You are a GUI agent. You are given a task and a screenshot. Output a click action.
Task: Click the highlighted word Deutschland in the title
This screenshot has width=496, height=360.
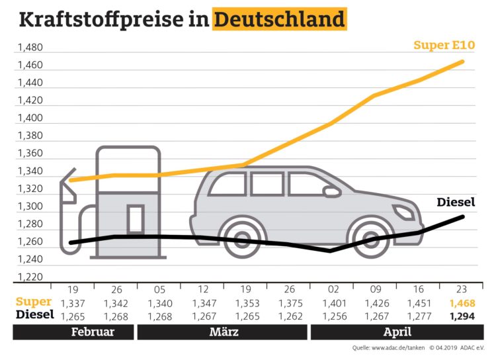coord(279,19)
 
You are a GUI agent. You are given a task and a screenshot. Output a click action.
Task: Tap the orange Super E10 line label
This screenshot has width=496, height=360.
coord(444,45)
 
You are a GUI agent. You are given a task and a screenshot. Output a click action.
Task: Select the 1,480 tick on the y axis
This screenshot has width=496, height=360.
coord(30,48)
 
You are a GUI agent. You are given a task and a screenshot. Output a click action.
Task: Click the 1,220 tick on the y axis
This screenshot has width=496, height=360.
coord(30,277)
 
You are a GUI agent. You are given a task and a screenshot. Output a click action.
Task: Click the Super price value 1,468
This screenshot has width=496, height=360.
coord(462,303)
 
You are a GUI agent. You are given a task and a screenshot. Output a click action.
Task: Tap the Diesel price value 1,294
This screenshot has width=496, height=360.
coord(462,316)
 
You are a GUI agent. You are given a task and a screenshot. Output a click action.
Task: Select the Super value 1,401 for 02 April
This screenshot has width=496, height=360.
coord(332,303)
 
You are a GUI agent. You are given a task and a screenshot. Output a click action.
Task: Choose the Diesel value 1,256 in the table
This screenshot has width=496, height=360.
coord(332,316)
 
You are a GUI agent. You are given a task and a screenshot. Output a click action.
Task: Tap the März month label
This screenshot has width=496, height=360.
coord(224,332)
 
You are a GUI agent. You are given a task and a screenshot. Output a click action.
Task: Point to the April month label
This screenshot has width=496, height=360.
coord(397,332)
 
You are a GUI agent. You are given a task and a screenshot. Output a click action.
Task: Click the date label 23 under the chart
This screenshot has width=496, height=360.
coord(462,289)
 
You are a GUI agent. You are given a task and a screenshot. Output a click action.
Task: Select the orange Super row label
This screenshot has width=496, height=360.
coord(34,302)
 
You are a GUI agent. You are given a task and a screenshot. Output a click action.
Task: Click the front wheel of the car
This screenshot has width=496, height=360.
coord(372,237)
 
